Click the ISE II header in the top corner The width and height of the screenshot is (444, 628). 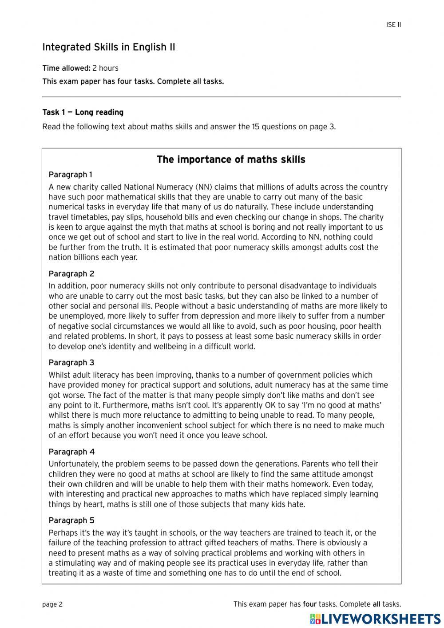[x=393, y=25]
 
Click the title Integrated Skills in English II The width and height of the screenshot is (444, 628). [x=109, y=47]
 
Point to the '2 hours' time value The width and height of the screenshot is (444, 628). [x=105, y=68]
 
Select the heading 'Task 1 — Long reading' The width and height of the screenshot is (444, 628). [x=83, y=112]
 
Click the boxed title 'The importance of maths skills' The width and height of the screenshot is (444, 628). [x=231, y=160]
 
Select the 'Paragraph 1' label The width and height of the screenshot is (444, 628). [x=71, y=175]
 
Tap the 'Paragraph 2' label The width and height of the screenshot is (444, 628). [x=71, y=274]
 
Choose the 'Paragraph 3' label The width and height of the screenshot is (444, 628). [x=71, y=363]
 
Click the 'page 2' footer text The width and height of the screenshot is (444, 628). [x=52, y=604]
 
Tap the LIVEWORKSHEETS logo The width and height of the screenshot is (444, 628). [x=375, y=619]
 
